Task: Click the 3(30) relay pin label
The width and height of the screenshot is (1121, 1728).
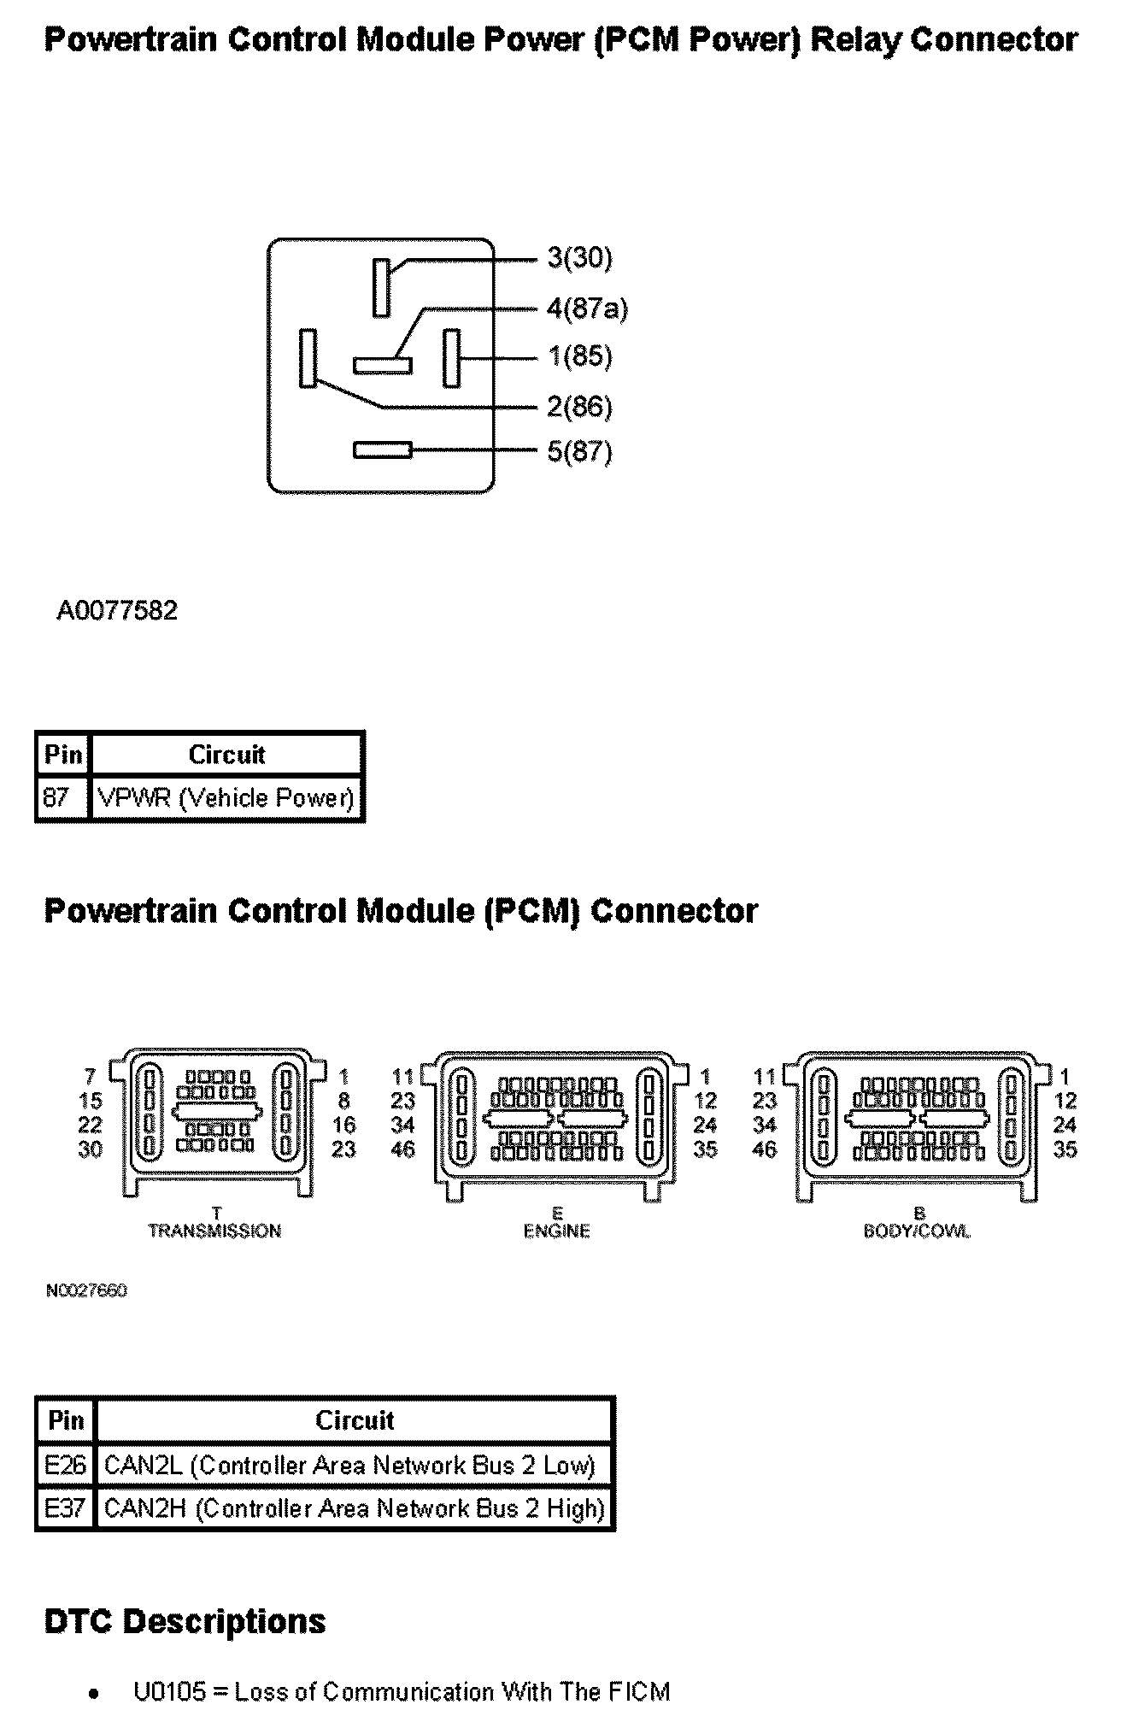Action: point(579,257)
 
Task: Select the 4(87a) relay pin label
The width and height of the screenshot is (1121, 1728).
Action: point(587,308)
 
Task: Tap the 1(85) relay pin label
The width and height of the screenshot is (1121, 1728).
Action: point(579,356)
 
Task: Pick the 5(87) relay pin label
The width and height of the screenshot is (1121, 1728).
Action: point(579,451)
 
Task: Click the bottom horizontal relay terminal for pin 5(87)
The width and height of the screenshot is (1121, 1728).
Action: point(383,450)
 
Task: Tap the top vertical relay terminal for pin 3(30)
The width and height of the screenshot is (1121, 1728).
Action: point(380,287)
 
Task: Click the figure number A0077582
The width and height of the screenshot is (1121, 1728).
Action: point(117,610)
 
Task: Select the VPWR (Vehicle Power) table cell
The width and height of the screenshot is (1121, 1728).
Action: point(226,798)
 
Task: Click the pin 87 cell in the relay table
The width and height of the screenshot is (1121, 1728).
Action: point(56,798)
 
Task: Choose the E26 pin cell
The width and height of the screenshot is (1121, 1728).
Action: point(65,1466)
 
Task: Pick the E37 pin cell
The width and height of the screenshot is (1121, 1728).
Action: point(65,1508)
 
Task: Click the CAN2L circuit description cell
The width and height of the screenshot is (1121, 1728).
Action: point(349,1466)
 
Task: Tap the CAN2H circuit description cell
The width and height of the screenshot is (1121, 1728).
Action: point(354,1508)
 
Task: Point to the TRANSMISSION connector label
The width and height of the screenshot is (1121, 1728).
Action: point(214,1231)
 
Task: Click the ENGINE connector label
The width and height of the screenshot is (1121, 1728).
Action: point(556,1231)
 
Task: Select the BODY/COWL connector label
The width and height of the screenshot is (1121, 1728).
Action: point(917,1231)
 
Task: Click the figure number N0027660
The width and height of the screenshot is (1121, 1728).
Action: point(86,1290)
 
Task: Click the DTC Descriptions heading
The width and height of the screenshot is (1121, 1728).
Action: point(185,1621)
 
